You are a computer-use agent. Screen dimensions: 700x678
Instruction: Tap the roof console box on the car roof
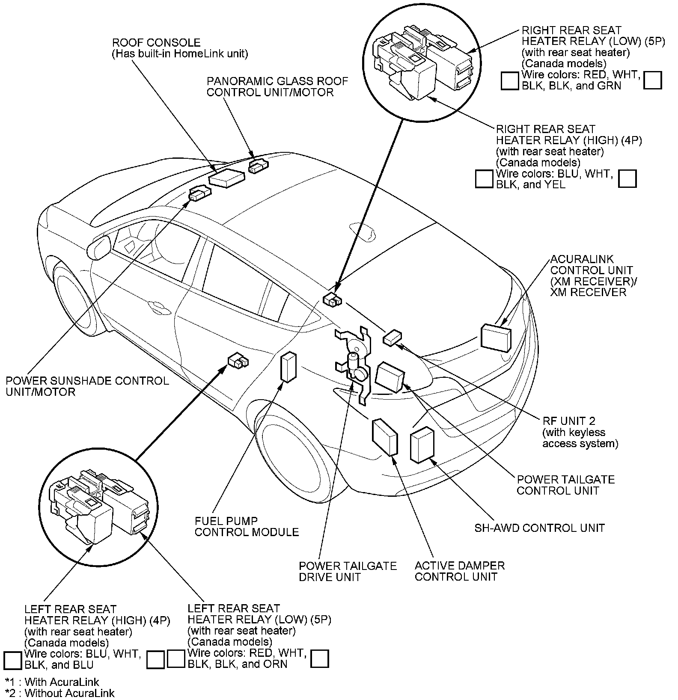(226, 178)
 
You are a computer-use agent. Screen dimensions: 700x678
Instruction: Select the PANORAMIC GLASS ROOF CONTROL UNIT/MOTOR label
(277, 87)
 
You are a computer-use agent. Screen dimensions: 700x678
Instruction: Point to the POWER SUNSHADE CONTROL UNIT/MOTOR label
(87, 386)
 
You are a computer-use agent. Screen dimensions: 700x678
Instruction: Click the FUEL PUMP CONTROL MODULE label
(247, 527)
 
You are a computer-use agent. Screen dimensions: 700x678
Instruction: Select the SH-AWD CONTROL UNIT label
(539, 528)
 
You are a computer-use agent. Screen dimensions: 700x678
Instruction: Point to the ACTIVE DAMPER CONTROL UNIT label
(459, 571)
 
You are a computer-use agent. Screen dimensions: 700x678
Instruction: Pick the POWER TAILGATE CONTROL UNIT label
(565, 485)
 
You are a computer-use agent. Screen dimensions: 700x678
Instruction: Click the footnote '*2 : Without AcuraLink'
(60, 693)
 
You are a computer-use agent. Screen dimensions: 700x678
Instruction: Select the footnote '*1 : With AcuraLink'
(52, 682)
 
